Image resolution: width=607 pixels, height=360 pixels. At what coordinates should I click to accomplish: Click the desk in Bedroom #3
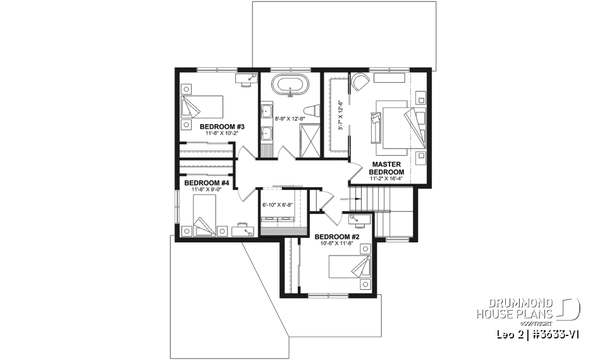247,78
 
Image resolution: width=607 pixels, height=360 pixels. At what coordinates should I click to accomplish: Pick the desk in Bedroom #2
358,220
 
